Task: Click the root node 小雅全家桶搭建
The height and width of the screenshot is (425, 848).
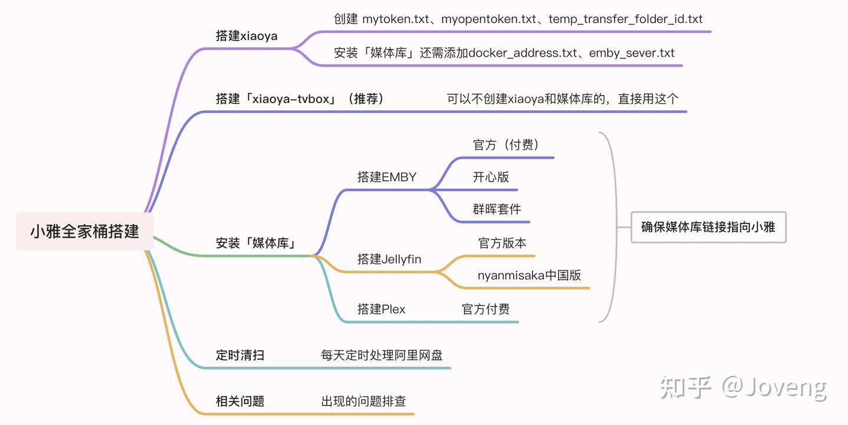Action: click(x=84, y=231)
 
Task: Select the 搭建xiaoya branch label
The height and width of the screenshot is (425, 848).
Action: click(x=246, y=36)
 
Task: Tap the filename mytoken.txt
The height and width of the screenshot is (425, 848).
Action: click(x=396, y=19)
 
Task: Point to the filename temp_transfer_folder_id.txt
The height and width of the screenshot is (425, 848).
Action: click(x=625, y=19)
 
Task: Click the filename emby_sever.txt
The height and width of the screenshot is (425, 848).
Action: click(x=631, y=52)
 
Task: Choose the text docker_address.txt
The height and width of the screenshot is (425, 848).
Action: click(x=523, y=52)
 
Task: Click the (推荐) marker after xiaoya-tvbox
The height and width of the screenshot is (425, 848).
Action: click(x=366, y=99)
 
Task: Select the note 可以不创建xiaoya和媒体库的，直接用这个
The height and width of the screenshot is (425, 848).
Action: click(x=562, y=99)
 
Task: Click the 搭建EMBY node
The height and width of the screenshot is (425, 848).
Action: click(x=386, y=177)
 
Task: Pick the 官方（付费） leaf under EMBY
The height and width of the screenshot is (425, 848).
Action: click(x=506, y=144)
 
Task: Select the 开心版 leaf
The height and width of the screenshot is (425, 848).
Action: click(x=491, y=177)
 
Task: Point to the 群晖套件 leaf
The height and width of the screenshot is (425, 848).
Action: click(x=496, y=209)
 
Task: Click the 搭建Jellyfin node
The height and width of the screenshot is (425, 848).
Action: click(x=389, y=259)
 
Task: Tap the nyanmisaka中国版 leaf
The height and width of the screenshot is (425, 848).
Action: click(x=529, y=275)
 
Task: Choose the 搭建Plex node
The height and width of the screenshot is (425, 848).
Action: click(x=381, y=309)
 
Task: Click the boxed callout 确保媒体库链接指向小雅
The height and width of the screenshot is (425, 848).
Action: click(x=708, y=228)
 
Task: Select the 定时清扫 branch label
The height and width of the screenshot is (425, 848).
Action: click(x=240, y=355)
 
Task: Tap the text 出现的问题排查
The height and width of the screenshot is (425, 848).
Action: click(x=363, y=401)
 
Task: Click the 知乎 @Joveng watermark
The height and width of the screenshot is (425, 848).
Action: click(x=744, y=387)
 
